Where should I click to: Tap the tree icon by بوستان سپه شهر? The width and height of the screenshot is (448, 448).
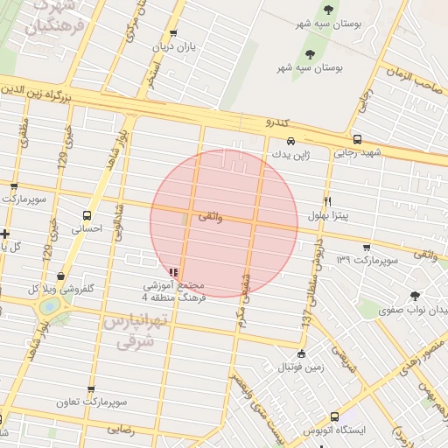click(328, 10)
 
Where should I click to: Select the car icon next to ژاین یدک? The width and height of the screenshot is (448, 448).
click(290, 141)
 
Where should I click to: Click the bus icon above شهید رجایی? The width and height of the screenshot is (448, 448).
click(357, 140)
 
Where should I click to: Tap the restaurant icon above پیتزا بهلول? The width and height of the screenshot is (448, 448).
click(328, 200)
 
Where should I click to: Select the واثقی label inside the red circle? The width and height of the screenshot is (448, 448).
click(211, 216)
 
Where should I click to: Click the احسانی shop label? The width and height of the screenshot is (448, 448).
click(87, 227)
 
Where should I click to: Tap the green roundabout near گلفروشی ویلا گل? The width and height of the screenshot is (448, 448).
click(50, 305)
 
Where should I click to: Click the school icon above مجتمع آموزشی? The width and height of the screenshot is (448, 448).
click(173, 272)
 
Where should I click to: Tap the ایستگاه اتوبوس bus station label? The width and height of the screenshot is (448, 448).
click(337, 430)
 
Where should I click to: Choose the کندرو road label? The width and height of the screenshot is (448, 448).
click(278, 123)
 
